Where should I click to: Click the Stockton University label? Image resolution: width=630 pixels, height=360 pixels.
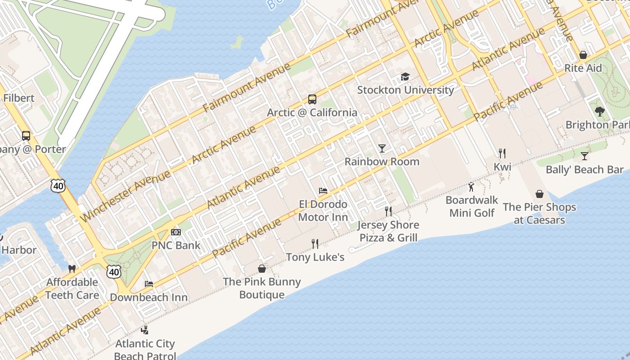click(x=405, y=90)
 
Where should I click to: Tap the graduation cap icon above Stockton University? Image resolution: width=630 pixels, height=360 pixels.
click(x=405, y=77)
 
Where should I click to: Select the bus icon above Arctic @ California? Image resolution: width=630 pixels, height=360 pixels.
click(x=312, y=99)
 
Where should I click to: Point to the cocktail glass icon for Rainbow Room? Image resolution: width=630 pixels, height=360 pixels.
click(x=382, y=148)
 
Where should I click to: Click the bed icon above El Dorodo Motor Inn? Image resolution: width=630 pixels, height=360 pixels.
click(x=323, y=191)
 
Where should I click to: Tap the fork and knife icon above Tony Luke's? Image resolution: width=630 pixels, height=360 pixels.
click(x=315, y=244)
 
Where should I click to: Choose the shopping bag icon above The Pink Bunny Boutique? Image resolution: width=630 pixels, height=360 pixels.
click(x=262, y=269)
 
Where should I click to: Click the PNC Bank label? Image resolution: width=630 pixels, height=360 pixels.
click(x=176, y=245)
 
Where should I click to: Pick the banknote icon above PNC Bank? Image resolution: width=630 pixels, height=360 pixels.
click(x=176, y=232)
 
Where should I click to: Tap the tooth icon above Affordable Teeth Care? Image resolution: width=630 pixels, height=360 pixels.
click(x=72, y=269)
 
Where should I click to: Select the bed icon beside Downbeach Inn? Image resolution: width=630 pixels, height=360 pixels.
click(x=149, y=284)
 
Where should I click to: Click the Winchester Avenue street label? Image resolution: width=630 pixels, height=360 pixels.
click(x=126, y=196)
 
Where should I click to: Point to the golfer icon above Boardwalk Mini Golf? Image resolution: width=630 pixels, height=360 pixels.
click(x=471, y=187)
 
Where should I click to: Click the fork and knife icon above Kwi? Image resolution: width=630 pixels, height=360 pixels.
click(x=502, y=153)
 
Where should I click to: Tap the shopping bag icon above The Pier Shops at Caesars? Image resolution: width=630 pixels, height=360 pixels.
click(x=540, y=194)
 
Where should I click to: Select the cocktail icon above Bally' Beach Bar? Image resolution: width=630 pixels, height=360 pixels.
click(x=584, y=156)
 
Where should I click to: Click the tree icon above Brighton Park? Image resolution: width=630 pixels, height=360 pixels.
click(x=599, y=112)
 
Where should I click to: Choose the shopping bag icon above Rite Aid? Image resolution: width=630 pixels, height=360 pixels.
click(x=583, y=55)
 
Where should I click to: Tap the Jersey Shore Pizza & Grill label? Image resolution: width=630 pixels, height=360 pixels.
click(x=388, y=231)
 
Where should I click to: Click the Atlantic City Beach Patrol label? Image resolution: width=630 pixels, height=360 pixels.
click(x=144, y=350)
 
